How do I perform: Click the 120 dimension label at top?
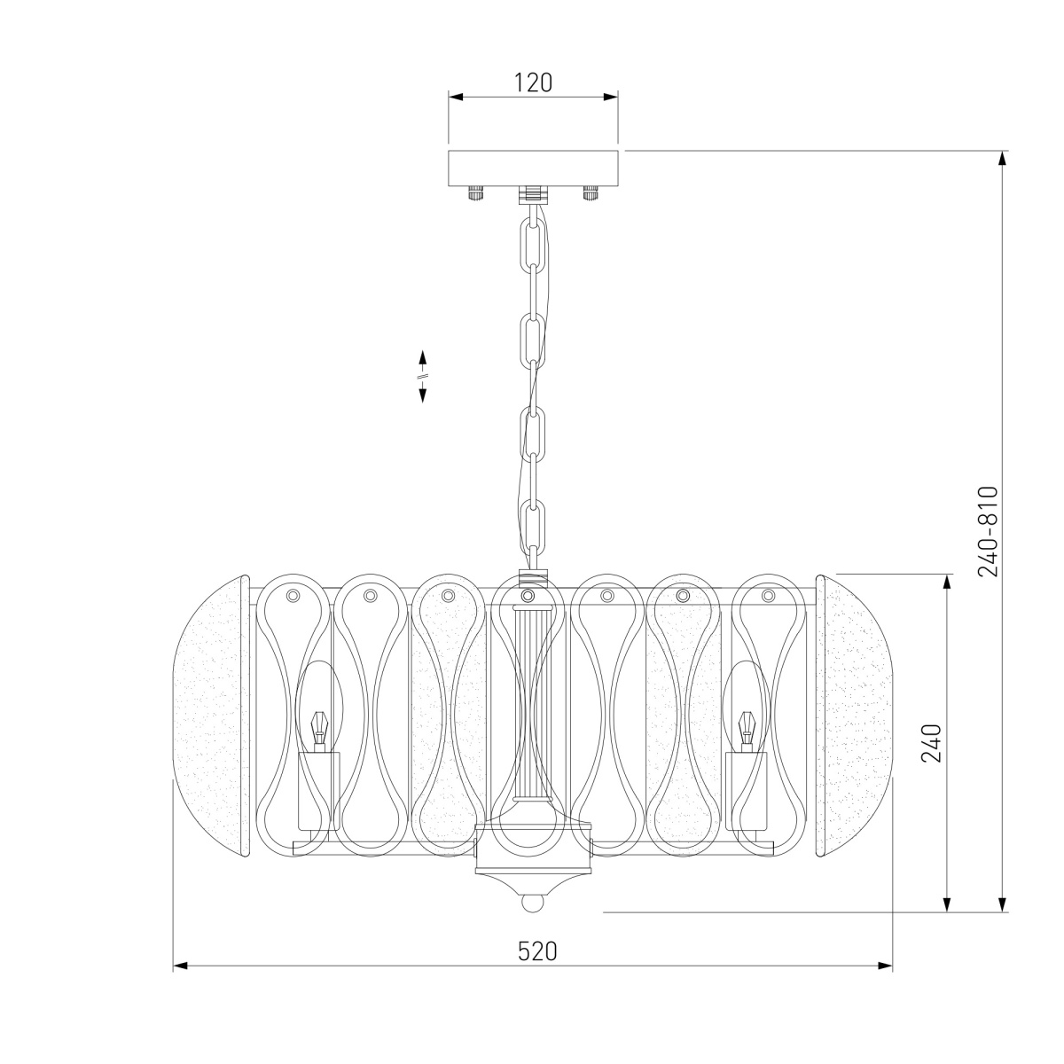[533, 82]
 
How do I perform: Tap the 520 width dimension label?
[537, 951]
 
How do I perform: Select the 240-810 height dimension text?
[988, 531]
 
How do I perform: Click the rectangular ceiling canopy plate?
[533, 169]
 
